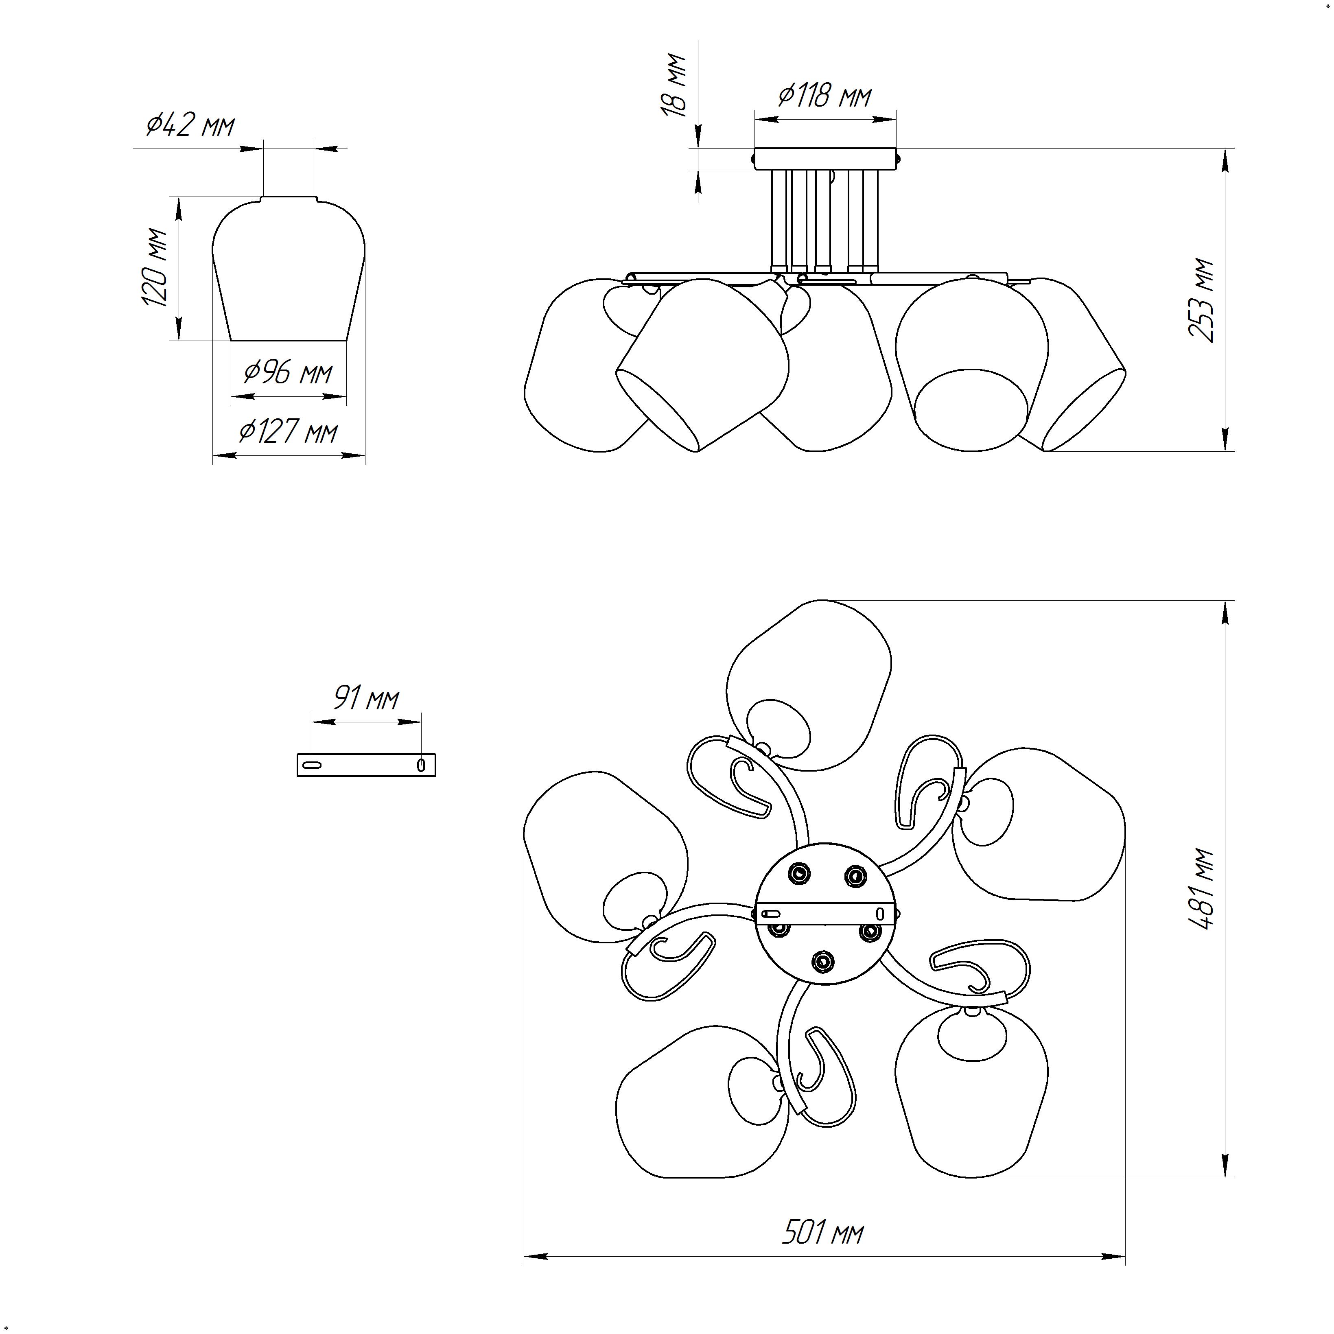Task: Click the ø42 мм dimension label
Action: coord(190,125)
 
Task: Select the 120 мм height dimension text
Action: coord(155,267)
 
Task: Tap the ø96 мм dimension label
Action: coord(289,374)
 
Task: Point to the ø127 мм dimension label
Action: coord(289,432)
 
